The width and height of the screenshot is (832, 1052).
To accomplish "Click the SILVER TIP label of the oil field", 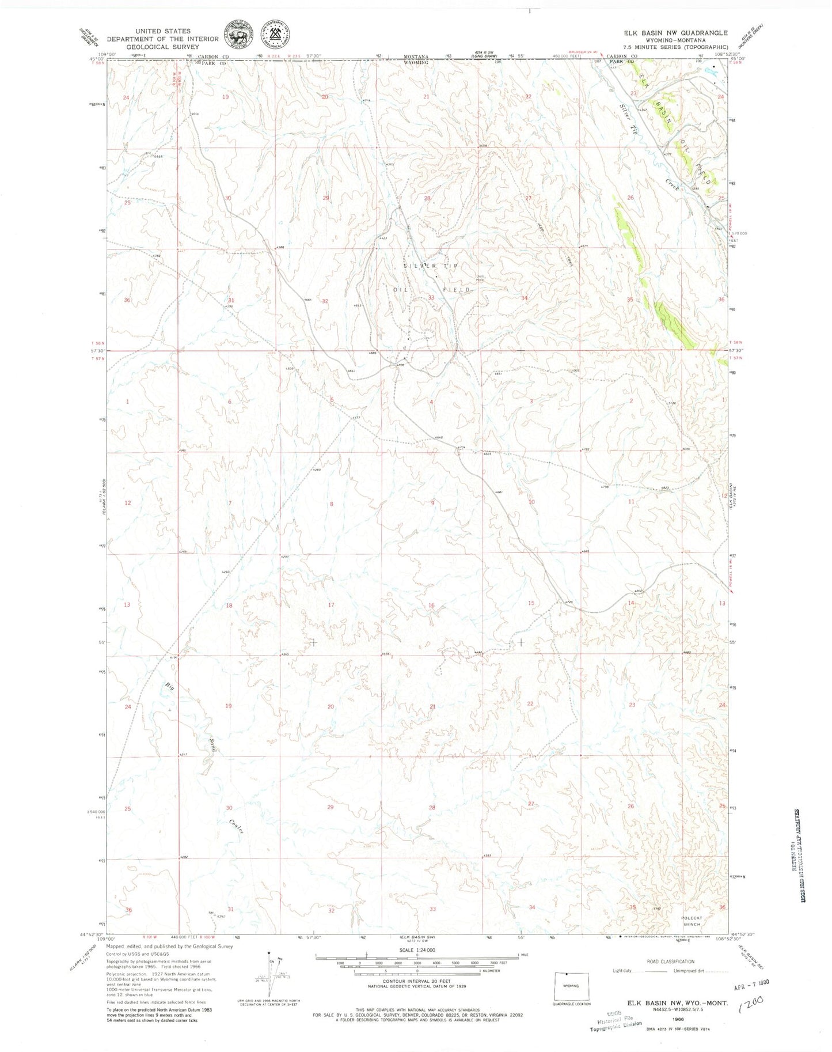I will pyautogui.click(x=430, y=265).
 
